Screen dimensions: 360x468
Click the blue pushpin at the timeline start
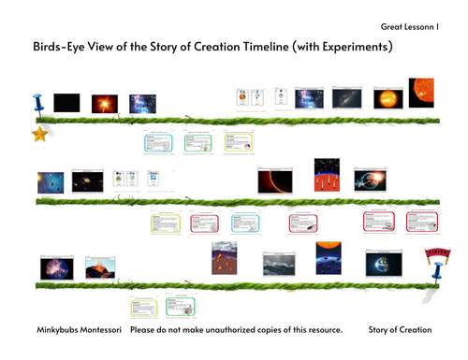click(38, 104)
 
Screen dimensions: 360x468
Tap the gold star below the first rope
click(40, 135)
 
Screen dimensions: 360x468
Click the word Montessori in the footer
click(103, 330)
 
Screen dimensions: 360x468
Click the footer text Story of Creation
click(401, 330)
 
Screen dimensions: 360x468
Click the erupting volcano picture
click(100, 268)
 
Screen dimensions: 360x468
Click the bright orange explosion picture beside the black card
click(103, 103)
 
